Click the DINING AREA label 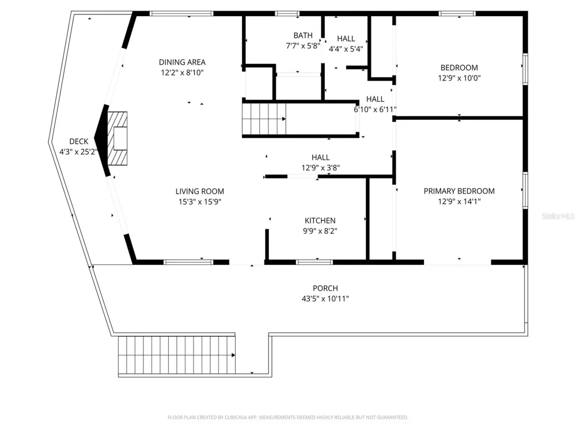click(x=182, y=62)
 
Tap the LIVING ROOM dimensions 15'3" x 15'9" click(x=200, y=202)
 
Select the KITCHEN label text click(x=320, y=221)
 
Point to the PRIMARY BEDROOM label click(x=459, y=191)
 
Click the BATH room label click(x=303, y=35)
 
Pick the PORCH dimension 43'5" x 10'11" click(x=325, y=298)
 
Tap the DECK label click(x=78, y=142)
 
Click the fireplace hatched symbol click(x=117, y=138)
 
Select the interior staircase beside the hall click(x=264, y=119)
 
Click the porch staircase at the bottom click(x=177, y=355)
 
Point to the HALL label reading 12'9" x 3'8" click(x=320, y=158)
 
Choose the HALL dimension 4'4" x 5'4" click(x=346, y=49)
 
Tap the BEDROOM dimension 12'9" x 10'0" click(x=459, y=78)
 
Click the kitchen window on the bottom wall click(x=314, y=262)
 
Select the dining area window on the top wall click(x=182, y=14)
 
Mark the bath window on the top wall click(x=287, y=14)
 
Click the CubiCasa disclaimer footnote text click(x=287, y=417)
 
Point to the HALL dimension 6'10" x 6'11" click(x=375, y=109)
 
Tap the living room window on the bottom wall click(x=188, y=262)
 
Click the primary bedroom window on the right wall click(x=525, y=190)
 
